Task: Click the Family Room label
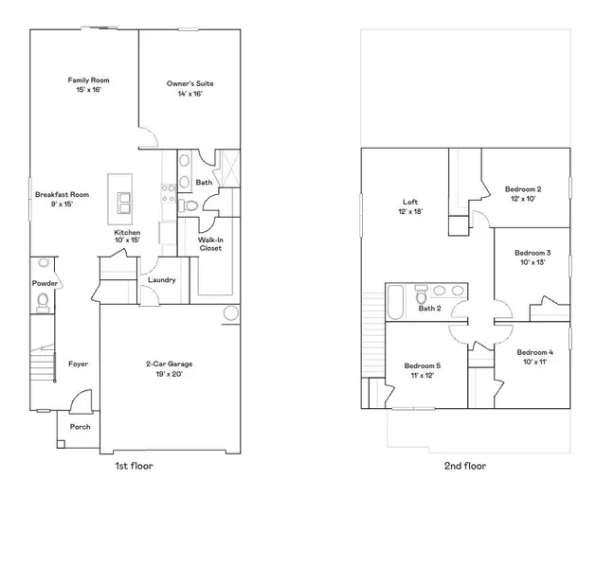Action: pos(88,80)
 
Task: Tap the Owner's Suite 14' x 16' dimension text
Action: pos(190,94)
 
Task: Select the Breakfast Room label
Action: pos(62,194)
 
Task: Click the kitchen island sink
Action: pos(124,203)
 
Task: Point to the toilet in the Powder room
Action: pos(43,302)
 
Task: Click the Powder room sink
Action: pos(44,262)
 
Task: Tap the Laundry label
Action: pos(162,280)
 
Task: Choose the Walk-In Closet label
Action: pos(210,244)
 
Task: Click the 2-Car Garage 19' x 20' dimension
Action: pos(170,374)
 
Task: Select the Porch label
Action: pos(80,427)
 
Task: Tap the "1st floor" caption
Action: pos(134,466)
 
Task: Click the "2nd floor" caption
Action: pos(465,466)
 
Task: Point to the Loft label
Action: pos(410,203)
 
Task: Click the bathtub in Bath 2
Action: pos(395,302)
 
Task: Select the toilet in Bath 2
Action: pos(422,295)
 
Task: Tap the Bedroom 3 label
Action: pos(533,253)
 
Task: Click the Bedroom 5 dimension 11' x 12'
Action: pos(423,376)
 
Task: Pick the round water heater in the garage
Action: pos(231,313)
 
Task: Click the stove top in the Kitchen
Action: pos(169,194)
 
